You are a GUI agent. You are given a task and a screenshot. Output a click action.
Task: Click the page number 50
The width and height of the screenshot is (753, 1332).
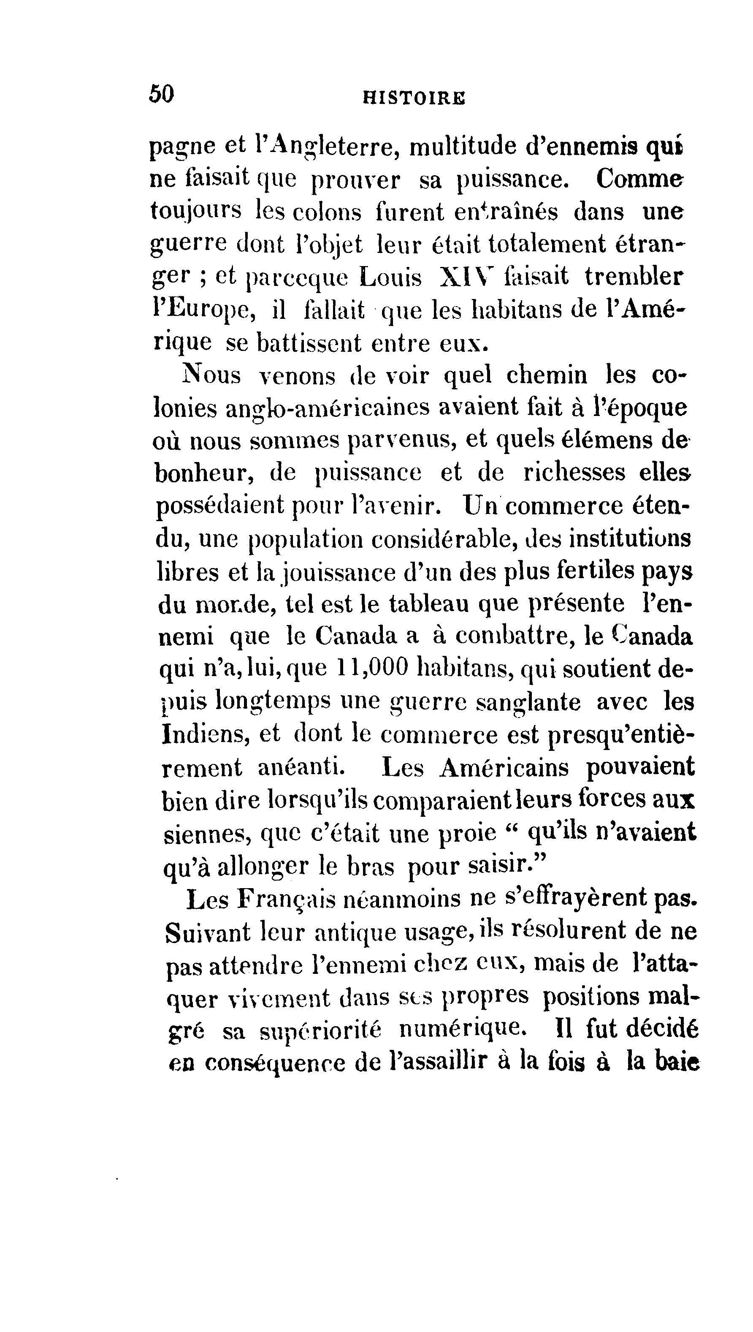pyautogui.click(x=161, y=95)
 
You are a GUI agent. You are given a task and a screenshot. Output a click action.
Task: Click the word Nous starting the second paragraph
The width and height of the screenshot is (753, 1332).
pyautogui.click(x=211, y=375)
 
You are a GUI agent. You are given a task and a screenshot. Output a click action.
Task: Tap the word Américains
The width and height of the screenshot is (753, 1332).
pyautogui.click(x=504, y=768)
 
